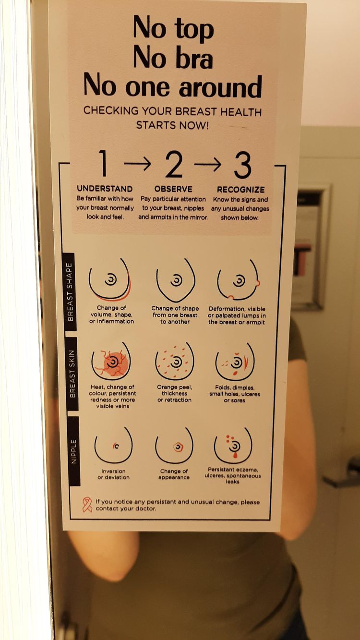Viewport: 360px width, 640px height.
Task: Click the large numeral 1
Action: point(103,163)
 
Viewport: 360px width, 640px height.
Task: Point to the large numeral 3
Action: point(242,165)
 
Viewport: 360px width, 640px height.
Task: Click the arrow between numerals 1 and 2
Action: point(137,163)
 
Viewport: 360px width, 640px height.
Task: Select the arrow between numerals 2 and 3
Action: point(208,164)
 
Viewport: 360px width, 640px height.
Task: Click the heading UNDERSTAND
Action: point(105,189)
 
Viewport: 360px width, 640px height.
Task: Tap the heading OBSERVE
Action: point(173,189)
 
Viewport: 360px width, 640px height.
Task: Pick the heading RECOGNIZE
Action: point(240,190)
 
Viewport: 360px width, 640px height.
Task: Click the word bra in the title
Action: point(194,58)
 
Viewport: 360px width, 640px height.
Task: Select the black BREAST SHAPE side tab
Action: point(70,292)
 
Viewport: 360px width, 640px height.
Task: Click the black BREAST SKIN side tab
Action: point(72,374)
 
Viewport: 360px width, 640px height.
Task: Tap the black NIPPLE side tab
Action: point(74,451)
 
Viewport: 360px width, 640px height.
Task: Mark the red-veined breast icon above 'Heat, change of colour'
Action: point(111,361)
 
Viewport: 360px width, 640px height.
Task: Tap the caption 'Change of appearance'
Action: point(174,474)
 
